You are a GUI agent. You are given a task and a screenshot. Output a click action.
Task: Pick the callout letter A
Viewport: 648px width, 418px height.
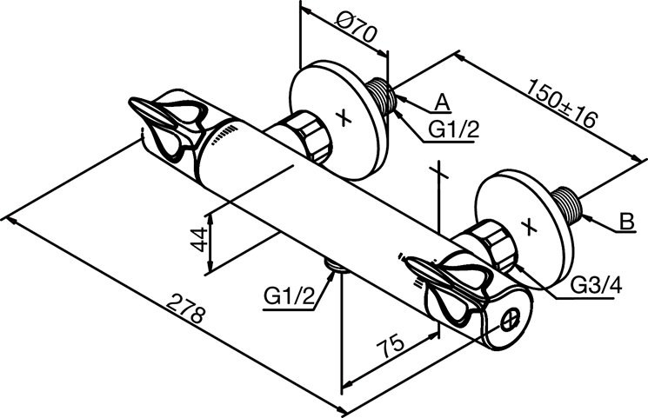point(442,102)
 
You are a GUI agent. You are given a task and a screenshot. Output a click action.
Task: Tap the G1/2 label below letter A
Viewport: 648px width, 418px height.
point(454,130)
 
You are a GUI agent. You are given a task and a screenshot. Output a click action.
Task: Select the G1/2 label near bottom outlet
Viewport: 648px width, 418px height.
point(288,297)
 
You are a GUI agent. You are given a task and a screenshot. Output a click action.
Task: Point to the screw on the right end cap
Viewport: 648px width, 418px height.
point(512,320)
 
